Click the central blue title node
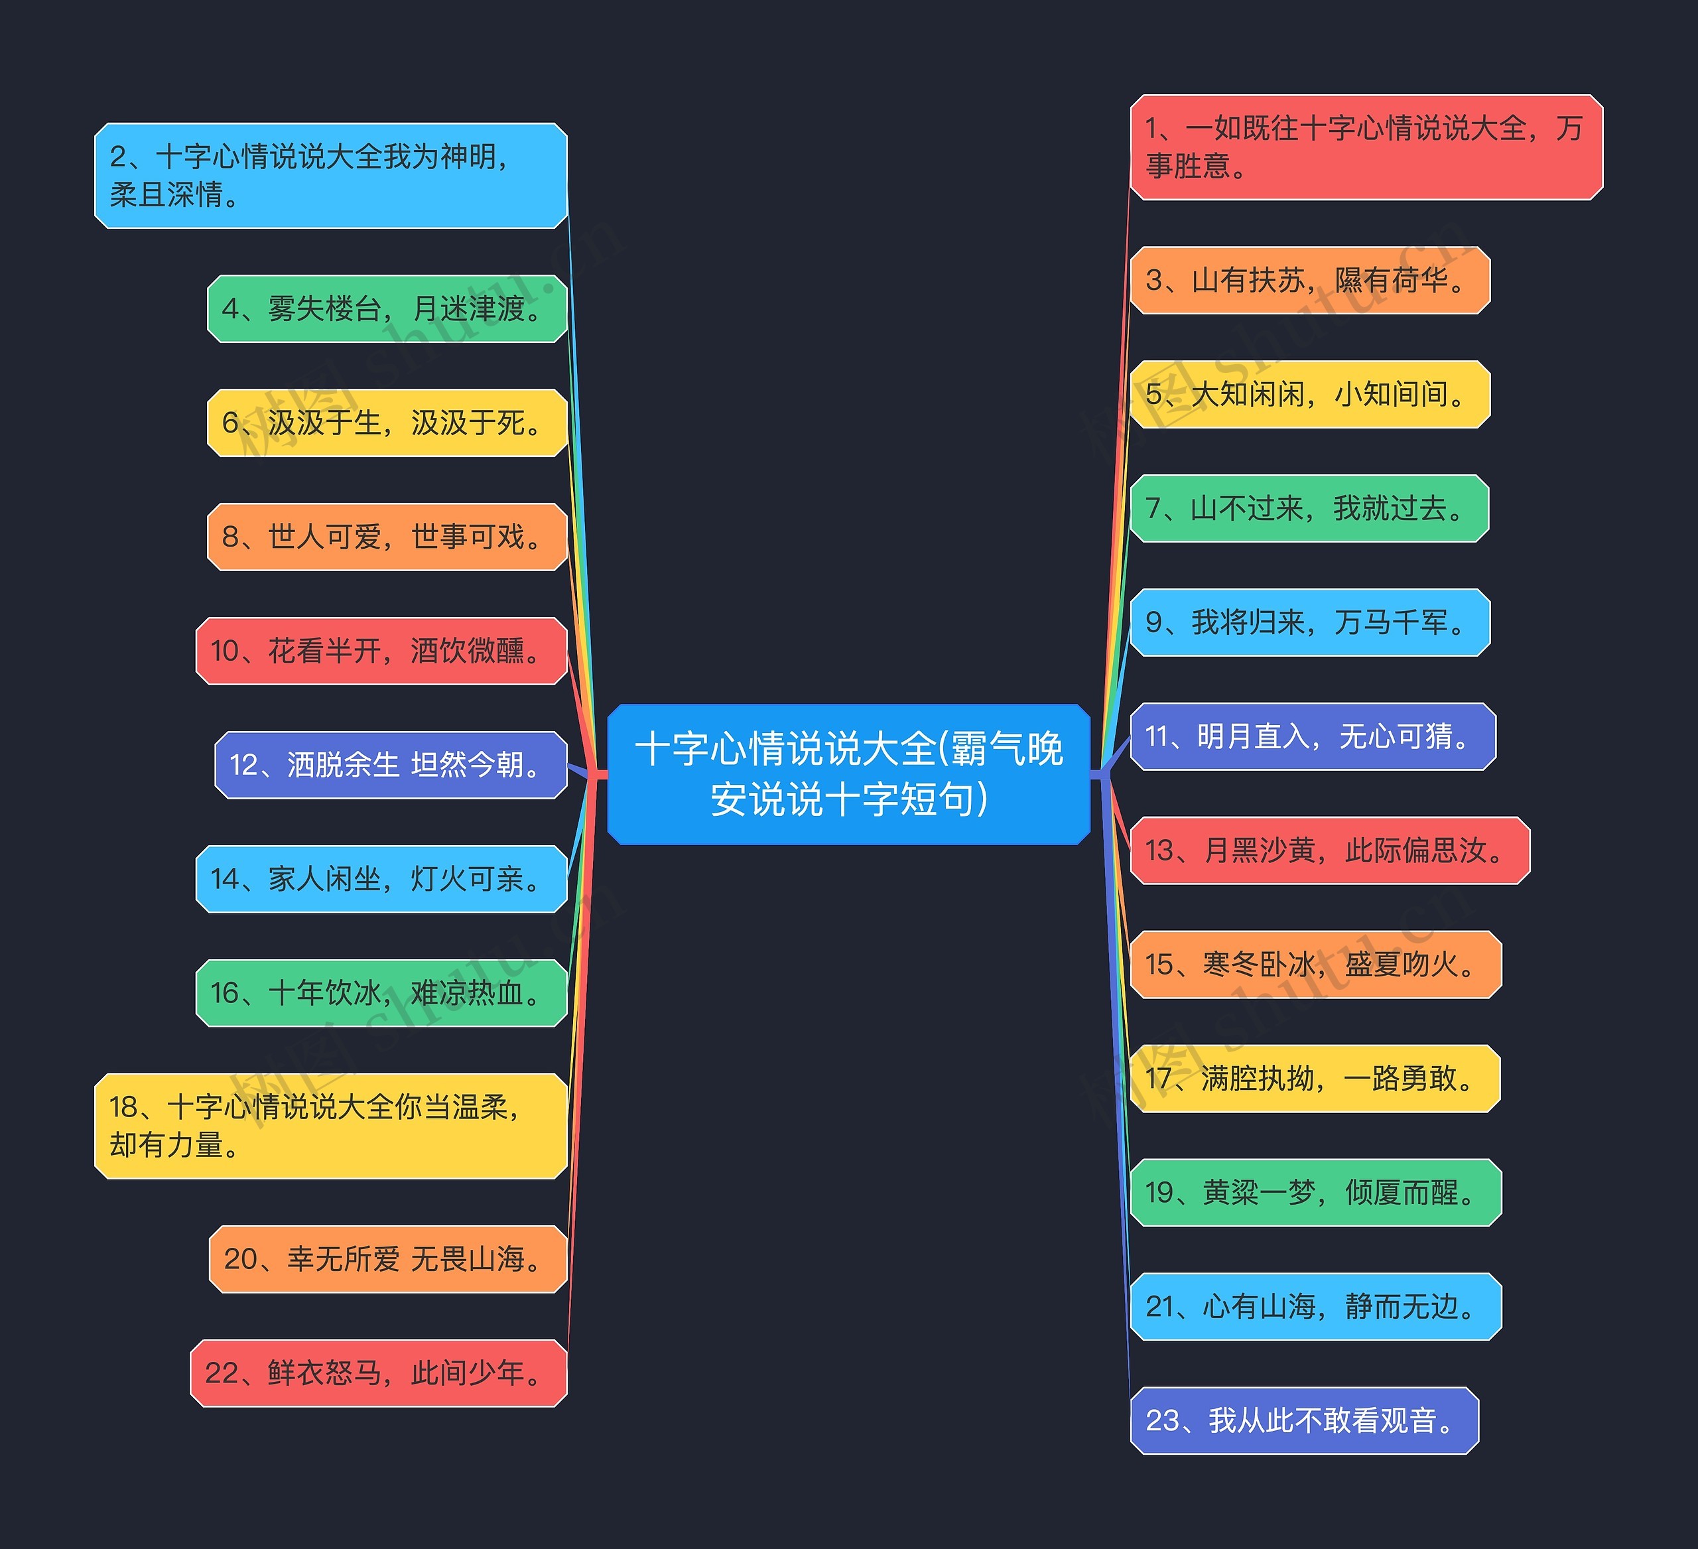[x=848, y=774]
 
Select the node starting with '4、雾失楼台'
[x=387, y=308]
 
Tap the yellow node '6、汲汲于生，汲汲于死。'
[x=387, y=422]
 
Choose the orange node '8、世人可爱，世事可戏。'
[x=387, y=537]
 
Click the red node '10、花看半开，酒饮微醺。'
[x=381, y=650]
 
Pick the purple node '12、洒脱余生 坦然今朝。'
[x=391, y=765]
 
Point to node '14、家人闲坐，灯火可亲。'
[x=381, y=878]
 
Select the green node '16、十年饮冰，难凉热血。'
[x=381, y=992]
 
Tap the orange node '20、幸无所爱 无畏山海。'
[x=387, y=1258]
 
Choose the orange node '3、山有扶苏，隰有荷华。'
[x=1310, y=280]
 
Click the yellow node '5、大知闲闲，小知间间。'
[x=1310, y=394]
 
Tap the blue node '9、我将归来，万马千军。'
[x=1310, y=622]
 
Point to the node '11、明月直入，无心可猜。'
[x=1312, y=736]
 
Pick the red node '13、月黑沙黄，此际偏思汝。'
[x=1329, y=850]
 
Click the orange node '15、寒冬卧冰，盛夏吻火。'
[x=1315, y=965]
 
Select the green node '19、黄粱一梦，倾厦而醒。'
[x=1315, y=1192]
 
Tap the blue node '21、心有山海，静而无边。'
[x=1315, y=1306]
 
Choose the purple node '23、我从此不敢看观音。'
[x=1304, y=1420]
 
